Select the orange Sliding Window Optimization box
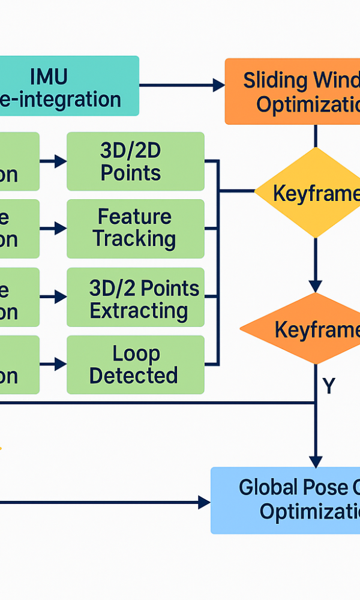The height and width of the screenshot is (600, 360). pos(293,91)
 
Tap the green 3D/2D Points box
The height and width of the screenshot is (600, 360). pos(135,161)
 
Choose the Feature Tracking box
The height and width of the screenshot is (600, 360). pos(135,229)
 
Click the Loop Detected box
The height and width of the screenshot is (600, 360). pos(135,365)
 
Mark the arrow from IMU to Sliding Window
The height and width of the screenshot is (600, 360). pos(180,86)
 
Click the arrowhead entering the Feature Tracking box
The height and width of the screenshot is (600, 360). pos(61,229)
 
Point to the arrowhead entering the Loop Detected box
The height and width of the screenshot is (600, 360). pos(61,364)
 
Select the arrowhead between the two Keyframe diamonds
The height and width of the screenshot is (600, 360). pos(316,286)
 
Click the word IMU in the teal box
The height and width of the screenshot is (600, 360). pos(49,76)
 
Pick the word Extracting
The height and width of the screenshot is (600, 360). pos(139,311)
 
